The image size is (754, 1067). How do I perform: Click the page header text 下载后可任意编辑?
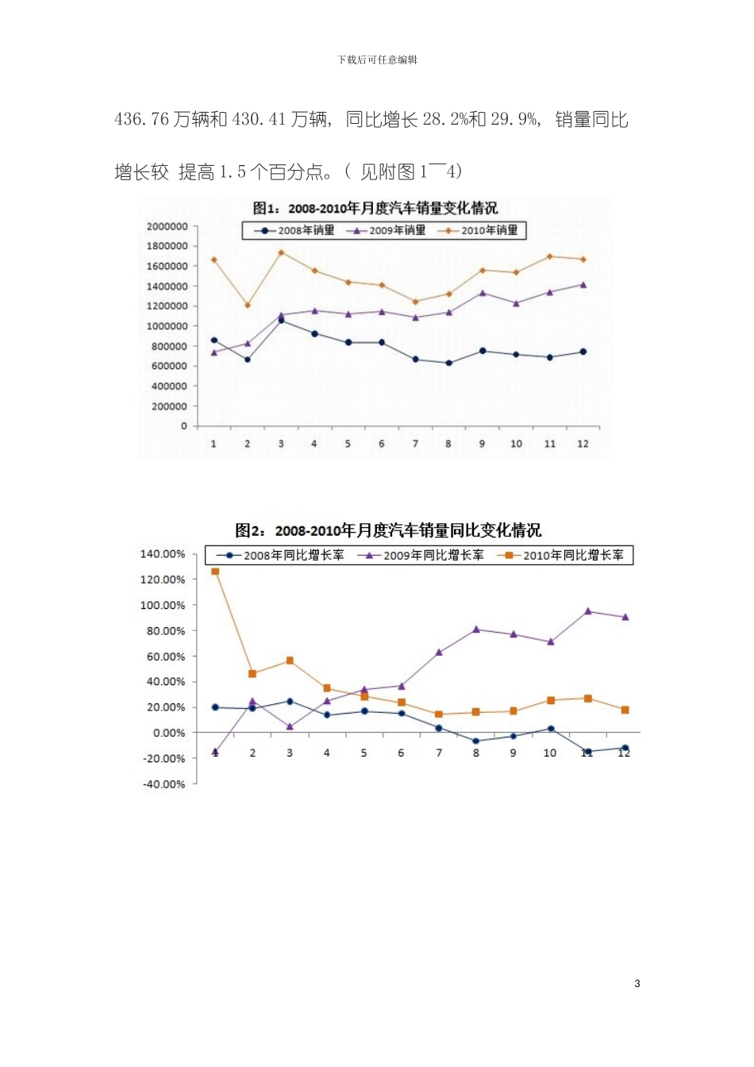coord(377,60)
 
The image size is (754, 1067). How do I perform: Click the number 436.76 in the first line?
coord(142,120)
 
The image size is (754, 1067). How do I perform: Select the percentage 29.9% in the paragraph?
coord(514,120)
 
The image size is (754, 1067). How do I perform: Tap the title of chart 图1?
coord(375,208)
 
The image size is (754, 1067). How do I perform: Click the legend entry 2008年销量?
coord(295,230)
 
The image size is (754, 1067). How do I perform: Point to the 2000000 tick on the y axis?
coord(167,226)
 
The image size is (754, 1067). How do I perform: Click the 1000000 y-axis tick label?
coord(167,326)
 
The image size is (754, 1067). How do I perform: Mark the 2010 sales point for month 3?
coord(281,252)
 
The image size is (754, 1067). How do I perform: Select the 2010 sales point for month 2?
coord(248,305)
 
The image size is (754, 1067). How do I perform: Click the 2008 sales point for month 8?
coord(449,363)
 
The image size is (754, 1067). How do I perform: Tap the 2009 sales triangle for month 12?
coord(583,284)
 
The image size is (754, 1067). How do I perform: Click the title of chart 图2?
coord(388,530)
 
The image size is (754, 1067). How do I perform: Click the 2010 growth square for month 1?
coord(215,571)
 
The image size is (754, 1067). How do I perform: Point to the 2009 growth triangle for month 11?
coord(588,611)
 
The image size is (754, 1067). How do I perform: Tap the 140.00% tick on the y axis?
coord(163,554)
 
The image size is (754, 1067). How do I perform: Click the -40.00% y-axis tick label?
coord(163,784)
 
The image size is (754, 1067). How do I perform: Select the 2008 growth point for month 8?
coord(476,741)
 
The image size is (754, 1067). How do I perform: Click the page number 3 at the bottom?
coord(637,984)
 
